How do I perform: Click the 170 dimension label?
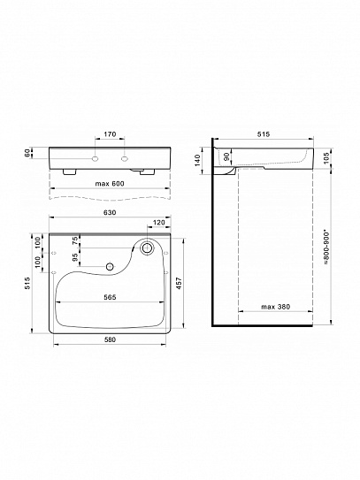(x=110, y=134)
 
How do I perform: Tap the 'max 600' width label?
(x=110, y=184)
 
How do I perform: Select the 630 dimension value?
(x=110, y=212)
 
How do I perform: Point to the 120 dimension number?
(x=158, y=223)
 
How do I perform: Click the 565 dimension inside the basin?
(x=110, y=297)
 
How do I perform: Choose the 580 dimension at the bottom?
(x=110, y=339)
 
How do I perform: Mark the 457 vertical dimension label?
(x=180, y=284)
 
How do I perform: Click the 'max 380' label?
(x=275, y=307)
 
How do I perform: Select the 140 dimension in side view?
(x=197, y=160)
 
